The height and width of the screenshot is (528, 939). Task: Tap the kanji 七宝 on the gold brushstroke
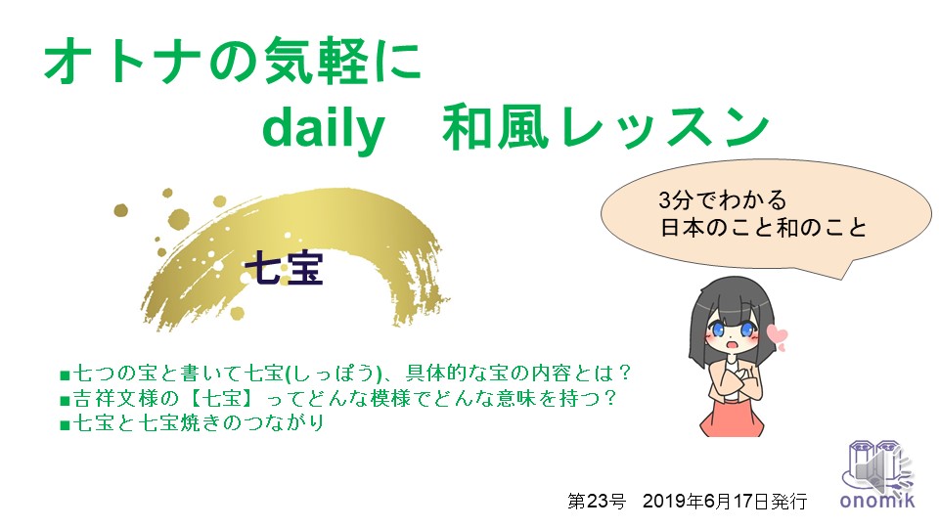coord(285,268)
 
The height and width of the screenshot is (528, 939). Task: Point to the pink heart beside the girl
coord(778,335)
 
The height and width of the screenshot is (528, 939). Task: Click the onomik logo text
coord(877,501)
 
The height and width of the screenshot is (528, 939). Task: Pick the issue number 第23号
coord(597,501)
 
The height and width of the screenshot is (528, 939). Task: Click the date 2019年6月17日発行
coord(725,501)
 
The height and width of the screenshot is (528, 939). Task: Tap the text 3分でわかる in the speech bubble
coord(722,199)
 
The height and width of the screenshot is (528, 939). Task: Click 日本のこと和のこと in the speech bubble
coord(764,228)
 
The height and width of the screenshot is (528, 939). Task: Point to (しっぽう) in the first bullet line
coord(334,374)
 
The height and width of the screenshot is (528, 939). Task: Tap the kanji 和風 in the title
coord(495,127)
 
